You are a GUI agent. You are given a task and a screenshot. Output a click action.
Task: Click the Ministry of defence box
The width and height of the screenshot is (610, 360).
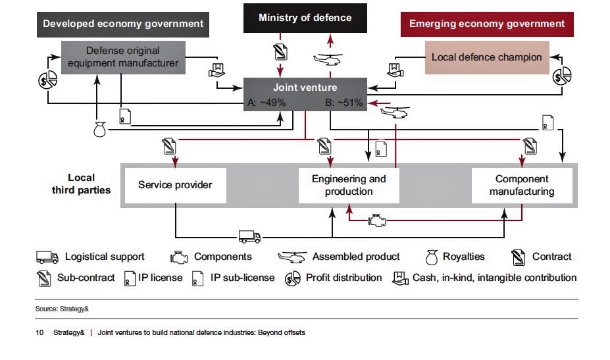click(305, 18)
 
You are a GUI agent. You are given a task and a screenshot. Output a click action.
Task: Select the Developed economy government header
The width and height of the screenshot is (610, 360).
click(123, 24)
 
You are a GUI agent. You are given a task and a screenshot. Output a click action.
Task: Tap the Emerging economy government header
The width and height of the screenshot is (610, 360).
click(487, 24)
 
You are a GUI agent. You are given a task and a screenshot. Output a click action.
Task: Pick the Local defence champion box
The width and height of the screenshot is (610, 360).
click(486, 57)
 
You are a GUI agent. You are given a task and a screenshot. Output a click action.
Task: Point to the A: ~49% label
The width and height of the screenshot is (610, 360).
click(266, 103)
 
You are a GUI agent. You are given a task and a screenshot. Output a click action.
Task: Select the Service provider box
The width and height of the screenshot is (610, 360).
click(175, 185)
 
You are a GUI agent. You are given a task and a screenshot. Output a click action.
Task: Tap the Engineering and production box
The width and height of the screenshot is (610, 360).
click(349, 185)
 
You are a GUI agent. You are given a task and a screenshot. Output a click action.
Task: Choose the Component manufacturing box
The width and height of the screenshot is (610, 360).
click(522, 185)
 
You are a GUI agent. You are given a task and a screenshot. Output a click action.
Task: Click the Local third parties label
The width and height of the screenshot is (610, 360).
click(82, 184)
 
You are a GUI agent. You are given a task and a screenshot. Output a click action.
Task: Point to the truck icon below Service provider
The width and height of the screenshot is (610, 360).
click(249, 236)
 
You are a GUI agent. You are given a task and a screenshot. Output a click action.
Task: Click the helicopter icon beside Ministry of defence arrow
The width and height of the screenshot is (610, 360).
click(327, 61)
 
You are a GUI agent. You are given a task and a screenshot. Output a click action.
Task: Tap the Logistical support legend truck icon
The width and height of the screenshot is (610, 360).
click(47, 257)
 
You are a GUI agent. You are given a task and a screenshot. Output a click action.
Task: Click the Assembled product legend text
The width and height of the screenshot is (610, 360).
click(356, 257)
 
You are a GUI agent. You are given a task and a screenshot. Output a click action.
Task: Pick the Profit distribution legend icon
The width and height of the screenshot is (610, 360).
click(292, 278)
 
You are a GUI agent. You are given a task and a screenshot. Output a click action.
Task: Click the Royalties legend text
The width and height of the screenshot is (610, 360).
click(463, 257)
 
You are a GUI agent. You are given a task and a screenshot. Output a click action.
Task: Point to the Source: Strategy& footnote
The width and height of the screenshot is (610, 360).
click(56, 308)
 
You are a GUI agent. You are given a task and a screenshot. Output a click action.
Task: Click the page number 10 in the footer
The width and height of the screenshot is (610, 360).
click(39, 332)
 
